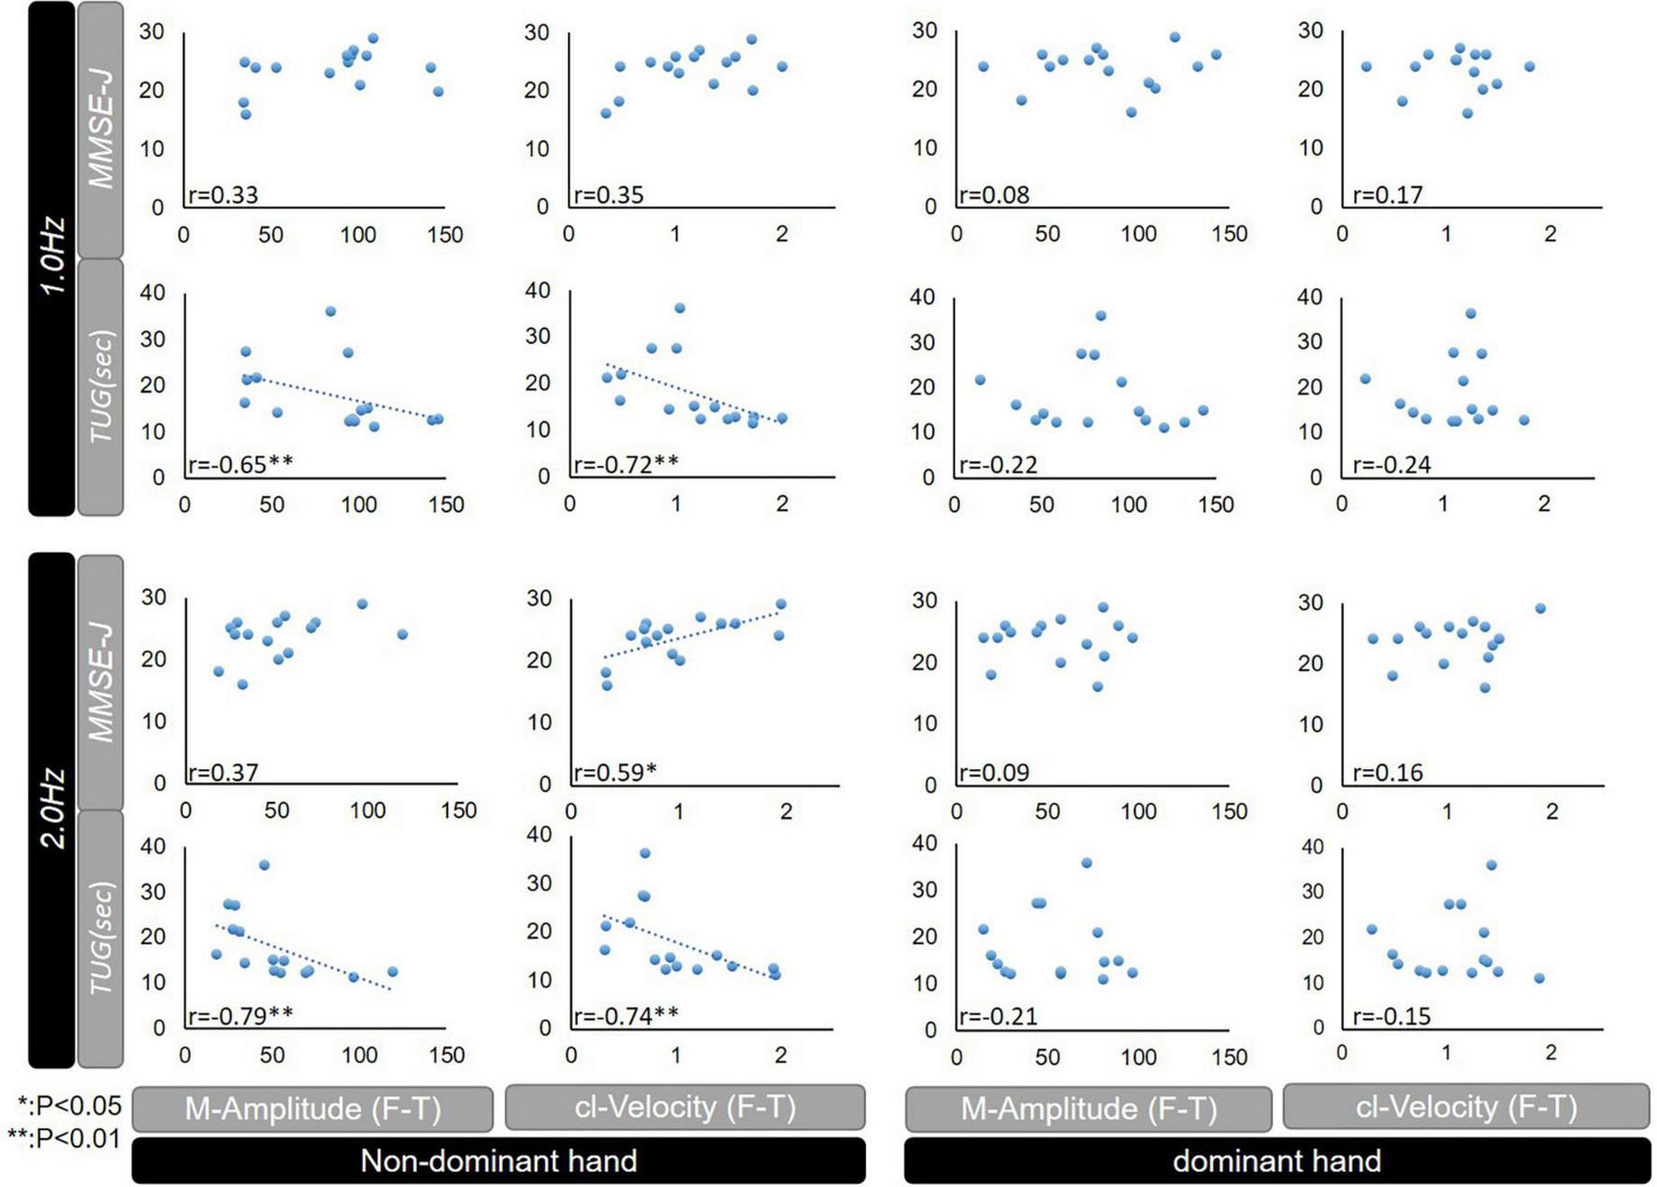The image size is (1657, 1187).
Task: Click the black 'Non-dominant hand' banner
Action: pos(498,1160)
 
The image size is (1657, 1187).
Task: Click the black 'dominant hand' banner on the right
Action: pos(1276,1160)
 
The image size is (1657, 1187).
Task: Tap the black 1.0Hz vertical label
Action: pos(51,257)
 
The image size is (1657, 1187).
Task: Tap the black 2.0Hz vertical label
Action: pos(51,808)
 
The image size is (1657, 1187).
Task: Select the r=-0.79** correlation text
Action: pos(240,1015)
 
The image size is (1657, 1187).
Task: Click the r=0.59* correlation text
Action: pos(614,772)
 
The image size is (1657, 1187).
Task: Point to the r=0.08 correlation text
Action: pos(994,194)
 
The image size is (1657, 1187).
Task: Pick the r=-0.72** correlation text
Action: pos(626,464)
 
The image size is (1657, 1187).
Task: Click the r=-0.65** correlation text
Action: pos(240,464)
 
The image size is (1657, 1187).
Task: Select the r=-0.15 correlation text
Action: pos(1391,1016)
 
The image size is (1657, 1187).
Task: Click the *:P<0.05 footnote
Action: pos(69,1106)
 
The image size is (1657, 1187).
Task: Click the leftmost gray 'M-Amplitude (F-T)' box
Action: pos(312,1108)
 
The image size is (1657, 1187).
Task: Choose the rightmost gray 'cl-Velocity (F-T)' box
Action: pos(1465,1107)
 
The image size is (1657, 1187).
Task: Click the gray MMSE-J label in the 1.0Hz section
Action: pos(100,129)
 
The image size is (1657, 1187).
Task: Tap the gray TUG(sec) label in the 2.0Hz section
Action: pos(100,937)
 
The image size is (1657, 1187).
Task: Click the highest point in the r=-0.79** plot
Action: pos(264,865)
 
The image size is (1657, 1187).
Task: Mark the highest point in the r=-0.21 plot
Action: pos(1087,863)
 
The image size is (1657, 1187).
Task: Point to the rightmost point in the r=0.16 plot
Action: pos(1540,608)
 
